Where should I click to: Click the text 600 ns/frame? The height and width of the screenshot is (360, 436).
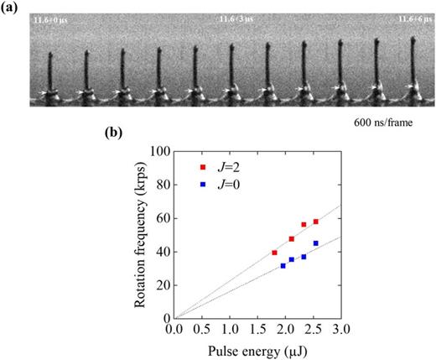(x=385, y=123)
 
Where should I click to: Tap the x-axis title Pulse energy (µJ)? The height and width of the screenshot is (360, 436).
(x=257, y=350)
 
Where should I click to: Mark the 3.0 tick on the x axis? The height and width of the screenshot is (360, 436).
(x=340, y=328)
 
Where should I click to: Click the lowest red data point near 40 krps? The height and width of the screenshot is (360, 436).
(x=274, y=253)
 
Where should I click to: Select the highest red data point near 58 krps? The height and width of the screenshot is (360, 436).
(x=316, y=222)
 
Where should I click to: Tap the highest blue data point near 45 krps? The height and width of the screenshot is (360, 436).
(x=316, y=243)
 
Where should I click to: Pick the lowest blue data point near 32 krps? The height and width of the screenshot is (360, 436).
(x=283, y=266)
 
